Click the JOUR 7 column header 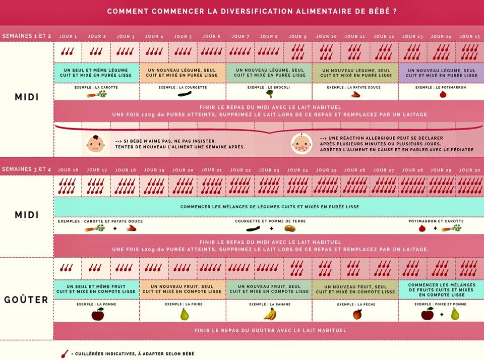coord(240,36)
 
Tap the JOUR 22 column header coord(240,170)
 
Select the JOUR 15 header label coord(469,36)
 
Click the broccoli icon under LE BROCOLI coord(269,94)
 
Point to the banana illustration coord(270,314)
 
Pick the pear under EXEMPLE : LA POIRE coord(185,314)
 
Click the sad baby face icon coord(95,144)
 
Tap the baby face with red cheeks coord(301,143)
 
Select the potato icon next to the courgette coord(290,229)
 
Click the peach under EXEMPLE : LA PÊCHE coord(357,315)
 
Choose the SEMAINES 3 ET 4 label coord(27,169)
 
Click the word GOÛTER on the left coord(26,299)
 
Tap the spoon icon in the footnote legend coord(65,354)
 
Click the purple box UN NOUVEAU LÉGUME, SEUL coord(442,73)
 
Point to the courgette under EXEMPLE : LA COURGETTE coord(185,94)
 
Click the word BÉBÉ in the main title coord(379,11)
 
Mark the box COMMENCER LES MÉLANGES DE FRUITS coord(442,289)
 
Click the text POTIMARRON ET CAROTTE coord(436,221)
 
